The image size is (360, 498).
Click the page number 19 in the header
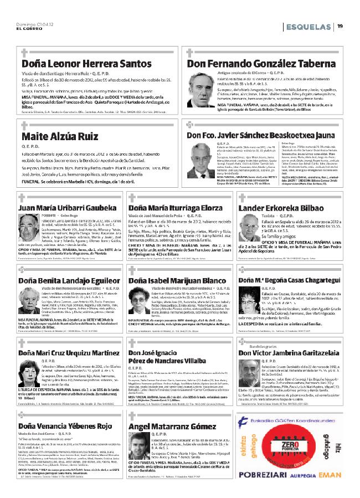click(340, 25)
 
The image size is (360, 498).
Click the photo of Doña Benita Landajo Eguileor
click(27, 298)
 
